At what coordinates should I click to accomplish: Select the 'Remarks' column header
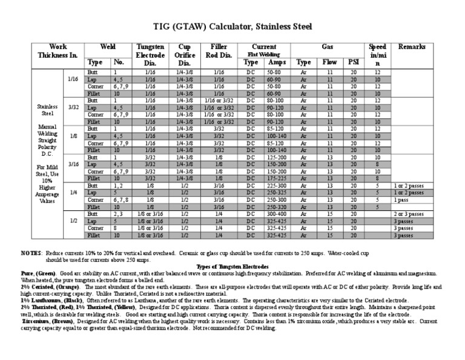click(x=411, y=47)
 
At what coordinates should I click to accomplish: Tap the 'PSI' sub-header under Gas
click(x=353, y=62)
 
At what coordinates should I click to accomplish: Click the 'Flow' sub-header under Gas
click(x=330, y=62)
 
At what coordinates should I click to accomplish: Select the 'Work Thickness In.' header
click(x=50, y=51)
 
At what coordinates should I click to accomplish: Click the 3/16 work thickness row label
click(x=73, y=164)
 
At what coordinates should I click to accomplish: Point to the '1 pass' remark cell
click(x=401, y=199)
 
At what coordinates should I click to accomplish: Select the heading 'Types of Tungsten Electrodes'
click(x=232, y=266)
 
